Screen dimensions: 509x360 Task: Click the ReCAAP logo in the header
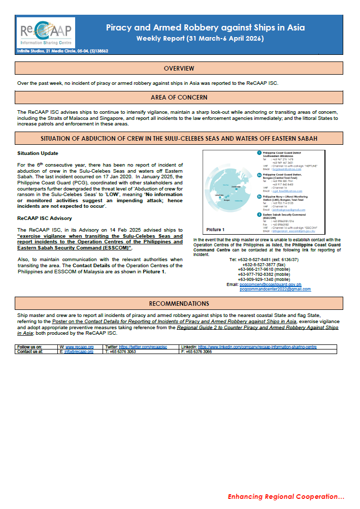pos(46,33)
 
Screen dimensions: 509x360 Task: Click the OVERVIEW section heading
pos(179,69)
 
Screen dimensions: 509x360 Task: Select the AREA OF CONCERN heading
pos(179,98)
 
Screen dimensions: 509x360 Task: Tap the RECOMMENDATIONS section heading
pos(179,304)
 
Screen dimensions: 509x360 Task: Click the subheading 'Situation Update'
pos(38,153)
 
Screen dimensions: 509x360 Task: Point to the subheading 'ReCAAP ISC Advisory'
pos(45,218)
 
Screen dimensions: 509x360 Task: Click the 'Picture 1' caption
pos(215,230)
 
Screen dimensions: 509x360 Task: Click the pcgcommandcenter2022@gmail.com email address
pos(275,289)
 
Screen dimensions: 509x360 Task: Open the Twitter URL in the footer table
pos(147,346)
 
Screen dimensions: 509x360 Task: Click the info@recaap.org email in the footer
pos(76,351)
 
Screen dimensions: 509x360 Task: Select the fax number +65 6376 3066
pos(199,351)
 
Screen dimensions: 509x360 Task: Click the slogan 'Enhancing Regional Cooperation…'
pos(286,496)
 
